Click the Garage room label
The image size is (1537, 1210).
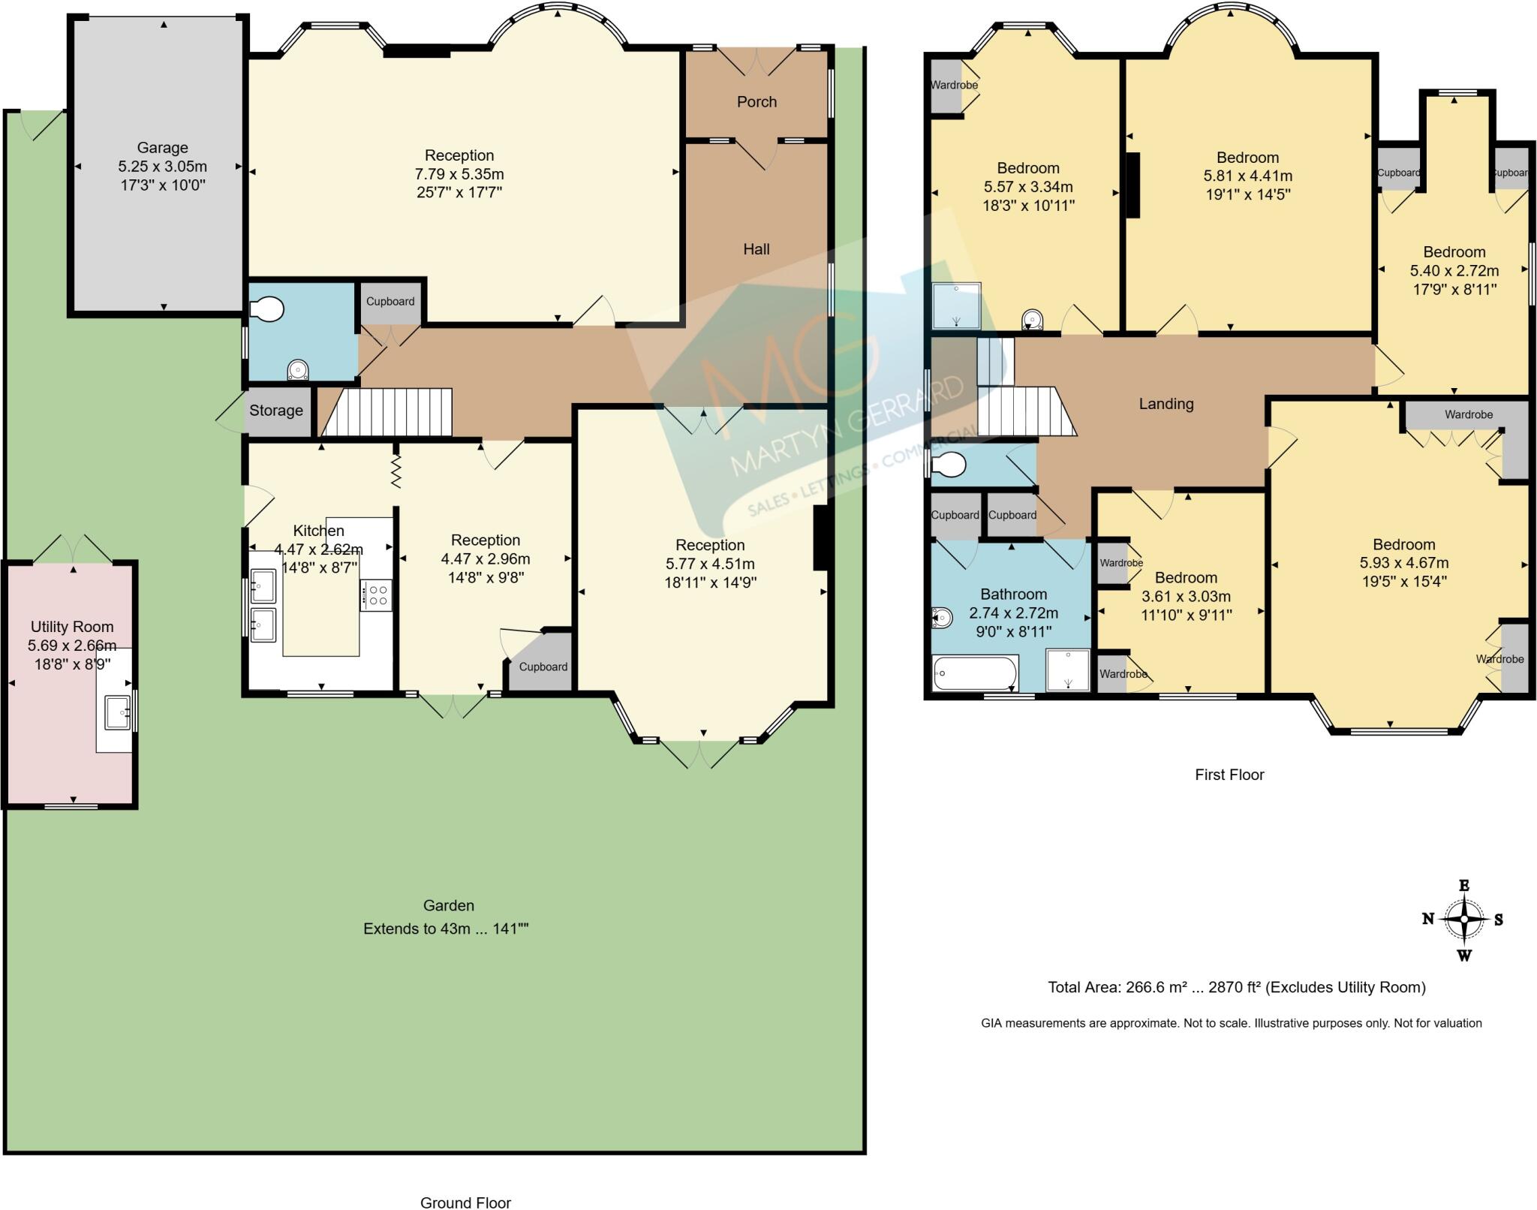(162, 148)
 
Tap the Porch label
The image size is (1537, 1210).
(756, 102)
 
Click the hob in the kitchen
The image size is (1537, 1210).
(375, 595)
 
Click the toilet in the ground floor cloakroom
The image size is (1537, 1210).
(267, 309)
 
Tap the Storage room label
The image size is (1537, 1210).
(276, 411)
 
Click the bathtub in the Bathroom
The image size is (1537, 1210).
(974, 673)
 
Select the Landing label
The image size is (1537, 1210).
(1166, 404)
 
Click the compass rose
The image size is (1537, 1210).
(1463, 920)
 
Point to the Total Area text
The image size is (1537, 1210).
(1236, 987)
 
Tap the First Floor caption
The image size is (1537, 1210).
(1229, 775)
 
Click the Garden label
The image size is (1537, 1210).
(448, 905)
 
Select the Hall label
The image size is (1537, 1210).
(756, 249)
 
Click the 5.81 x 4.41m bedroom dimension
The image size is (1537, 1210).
(1247, 176)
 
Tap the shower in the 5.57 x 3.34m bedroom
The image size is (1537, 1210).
(956, 306)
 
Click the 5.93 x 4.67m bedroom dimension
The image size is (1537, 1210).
(1403, 563)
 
